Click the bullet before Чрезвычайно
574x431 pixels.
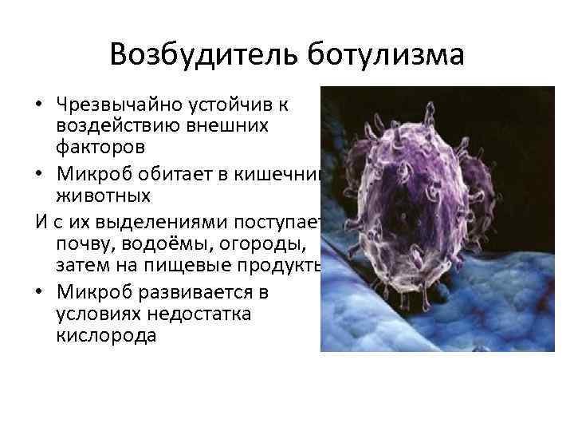pyautogui.click(x=39, y=105)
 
